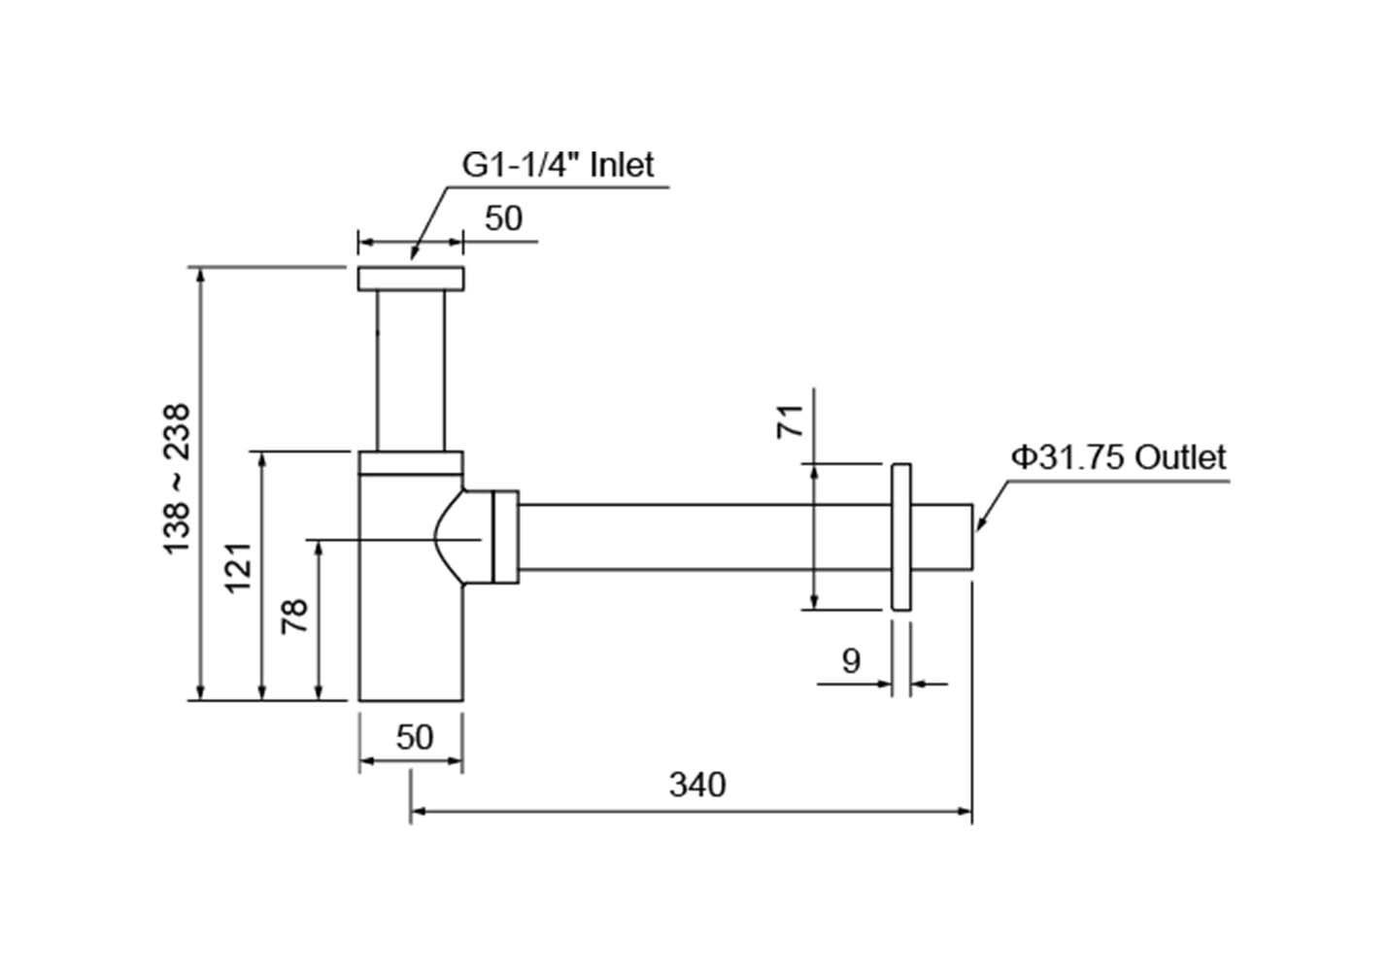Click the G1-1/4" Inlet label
[558, 164]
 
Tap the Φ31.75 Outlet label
[1118, 456]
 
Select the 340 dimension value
[696, 784]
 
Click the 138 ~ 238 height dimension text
[177, 480]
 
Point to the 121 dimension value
[239, 567]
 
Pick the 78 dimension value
[294, 616]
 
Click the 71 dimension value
[791, 420]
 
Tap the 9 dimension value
[851, 661]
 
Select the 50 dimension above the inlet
[503, 218]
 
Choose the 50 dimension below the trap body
[415, 737]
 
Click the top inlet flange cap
[411, 278]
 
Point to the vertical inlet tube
[411, 370]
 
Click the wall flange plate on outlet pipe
[900, 537]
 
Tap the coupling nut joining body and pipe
[505, 537]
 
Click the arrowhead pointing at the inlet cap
[415, 252]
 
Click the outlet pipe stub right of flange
[941, 537]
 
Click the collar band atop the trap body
[411, 462]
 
